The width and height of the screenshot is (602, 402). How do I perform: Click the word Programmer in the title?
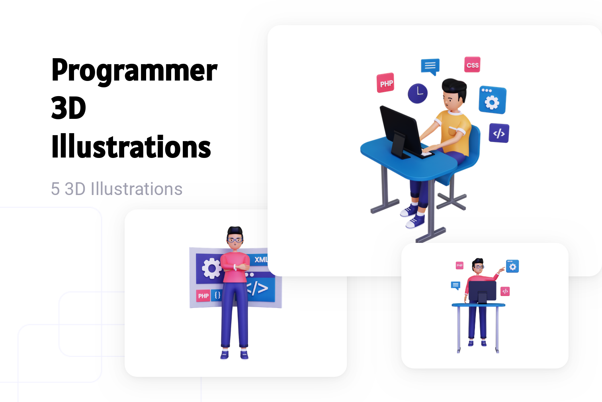134,71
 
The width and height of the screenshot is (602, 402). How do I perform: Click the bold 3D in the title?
68,108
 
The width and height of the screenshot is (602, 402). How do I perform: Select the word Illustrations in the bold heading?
131,147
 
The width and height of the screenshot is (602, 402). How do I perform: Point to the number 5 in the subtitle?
55,189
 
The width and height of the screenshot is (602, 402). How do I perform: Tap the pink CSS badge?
472,65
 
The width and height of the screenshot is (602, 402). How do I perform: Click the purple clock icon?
417,93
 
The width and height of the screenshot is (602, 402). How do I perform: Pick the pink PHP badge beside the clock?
385,83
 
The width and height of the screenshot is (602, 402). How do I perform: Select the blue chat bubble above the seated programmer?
430,66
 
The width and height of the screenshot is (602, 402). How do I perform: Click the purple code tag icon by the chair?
499,133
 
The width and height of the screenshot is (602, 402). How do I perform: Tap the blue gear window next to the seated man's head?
493,100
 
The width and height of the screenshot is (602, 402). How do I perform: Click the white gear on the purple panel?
211,268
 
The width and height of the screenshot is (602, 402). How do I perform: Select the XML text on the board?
261,260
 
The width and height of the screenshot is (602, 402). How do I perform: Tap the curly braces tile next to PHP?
217,295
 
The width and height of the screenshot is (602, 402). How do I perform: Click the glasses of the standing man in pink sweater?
235,240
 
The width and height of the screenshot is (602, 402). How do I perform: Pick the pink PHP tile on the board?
203,296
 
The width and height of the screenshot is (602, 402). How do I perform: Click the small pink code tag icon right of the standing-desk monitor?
505,292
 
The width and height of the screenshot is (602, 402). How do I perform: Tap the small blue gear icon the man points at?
512,266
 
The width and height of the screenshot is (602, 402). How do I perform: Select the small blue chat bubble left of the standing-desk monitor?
455,285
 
